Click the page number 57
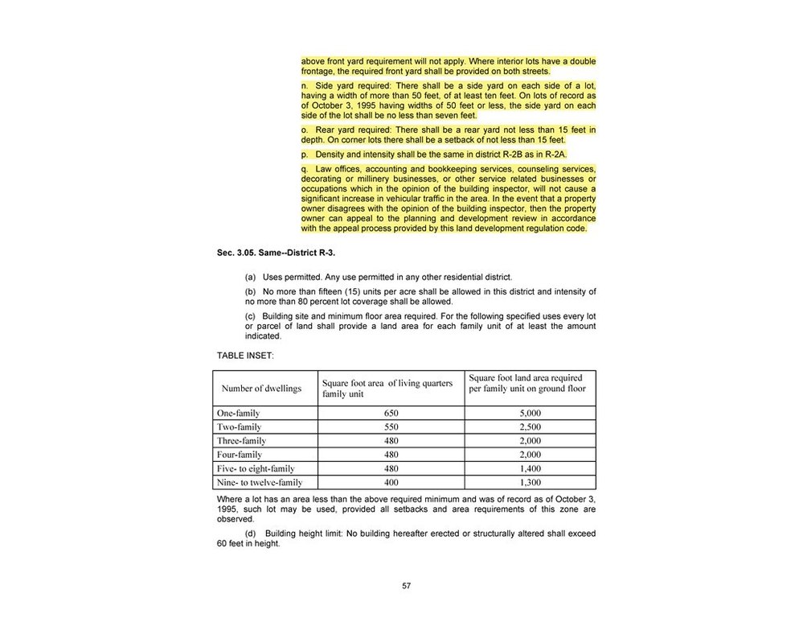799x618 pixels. tap(406, 586)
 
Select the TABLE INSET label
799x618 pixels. tap(245, 354)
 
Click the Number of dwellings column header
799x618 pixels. tap(261, 389)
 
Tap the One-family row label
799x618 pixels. tap(239, 413)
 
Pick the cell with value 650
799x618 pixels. tap(391, 413)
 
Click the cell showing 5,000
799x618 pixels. tap(530, 413)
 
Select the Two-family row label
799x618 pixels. tap(239, 426)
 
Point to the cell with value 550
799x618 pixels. tap(391, 426)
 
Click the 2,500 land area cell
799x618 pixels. tap(530, 426)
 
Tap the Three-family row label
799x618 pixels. tap(241, 441)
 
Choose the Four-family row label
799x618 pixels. tap(240, 455)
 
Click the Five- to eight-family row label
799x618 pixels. tap(256, 468)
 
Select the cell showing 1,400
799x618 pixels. tap(530, 468)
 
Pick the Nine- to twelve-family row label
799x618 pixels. tap(260, 483)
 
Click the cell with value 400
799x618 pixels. tap(391, 483)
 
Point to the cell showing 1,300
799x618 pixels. tap(530, 483)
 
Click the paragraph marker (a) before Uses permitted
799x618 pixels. tap(250, 277)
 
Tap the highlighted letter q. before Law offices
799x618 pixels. tap(305, 169)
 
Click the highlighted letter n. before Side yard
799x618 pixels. tap(305, 85)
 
